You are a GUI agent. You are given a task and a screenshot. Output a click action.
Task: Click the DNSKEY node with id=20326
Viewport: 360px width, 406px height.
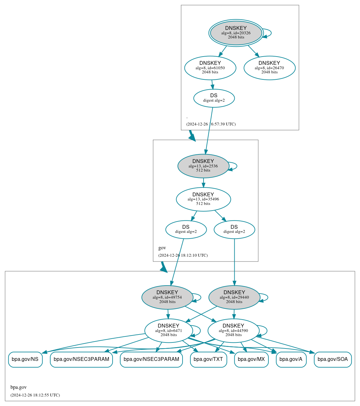236,33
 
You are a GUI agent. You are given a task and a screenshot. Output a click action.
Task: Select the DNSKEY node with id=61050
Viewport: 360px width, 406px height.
210,68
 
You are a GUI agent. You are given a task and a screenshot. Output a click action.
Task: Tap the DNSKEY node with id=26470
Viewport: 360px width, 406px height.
269,68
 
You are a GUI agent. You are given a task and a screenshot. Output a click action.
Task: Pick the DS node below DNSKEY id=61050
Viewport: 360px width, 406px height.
214,98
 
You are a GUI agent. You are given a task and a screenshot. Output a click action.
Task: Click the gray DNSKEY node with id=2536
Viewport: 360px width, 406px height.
203,166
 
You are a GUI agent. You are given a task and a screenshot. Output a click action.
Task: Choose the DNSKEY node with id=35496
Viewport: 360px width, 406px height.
203,199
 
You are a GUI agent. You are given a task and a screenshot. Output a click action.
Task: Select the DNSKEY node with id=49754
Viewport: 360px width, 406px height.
167,297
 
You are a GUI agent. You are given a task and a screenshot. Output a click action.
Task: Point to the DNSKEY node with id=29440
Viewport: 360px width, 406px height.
234,297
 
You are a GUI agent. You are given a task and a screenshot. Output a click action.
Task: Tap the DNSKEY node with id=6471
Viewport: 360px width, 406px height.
169,331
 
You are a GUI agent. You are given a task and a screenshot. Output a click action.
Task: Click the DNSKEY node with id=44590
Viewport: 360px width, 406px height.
233,331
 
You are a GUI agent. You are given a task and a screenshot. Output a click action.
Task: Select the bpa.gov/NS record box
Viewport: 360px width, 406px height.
25,359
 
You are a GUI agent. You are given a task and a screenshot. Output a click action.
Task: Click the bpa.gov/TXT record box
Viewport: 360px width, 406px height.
208,359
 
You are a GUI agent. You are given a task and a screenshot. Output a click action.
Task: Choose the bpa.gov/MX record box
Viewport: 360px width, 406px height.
251,359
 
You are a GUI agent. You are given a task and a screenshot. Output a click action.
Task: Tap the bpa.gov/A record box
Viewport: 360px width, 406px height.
291,359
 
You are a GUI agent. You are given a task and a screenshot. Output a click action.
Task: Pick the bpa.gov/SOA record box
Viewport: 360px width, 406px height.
333,359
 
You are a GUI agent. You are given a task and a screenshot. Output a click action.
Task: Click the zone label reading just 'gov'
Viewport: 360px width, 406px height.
162,248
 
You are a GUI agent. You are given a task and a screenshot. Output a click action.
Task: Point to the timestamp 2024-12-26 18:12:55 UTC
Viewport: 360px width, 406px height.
35,395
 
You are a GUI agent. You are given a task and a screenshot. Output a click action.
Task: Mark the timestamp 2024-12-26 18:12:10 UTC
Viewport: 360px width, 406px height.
183,255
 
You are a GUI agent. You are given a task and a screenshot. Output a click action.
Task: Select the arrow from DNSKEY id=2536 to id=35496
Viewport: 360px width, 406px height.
204,182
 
